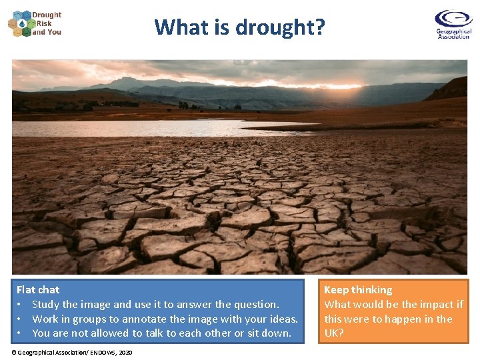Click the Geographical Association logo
point(453,24)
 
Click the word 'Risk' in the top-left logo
point(44,23)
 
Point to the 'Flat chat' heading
point(38,289)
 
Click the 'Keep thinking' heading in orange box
point(358,289)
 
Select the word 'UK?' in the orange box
point(334,333)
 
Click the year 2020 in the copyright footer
point(125,352)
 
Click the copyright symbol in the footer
point(14,352)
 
